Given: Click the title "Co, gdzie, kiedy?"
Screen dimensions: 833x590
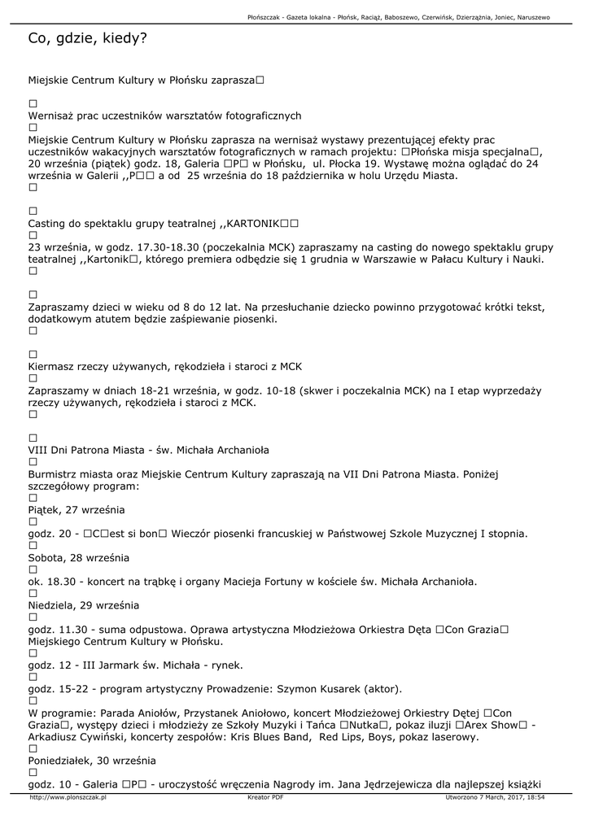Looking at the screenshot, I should click(x=87, y=38).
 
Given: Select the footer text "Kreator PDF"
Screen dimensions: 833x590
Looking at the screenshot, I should click(x=265, y=798).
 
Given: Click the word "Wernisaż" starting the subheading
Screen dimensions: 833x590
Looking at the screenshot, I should click(x=52, y=116).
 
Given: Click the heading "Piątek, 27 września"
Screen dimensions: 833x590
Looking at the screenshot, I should click(x=76, y=509).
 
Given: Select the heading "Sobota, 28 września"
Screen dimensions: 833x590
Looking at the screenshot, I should click(x=78, y=558).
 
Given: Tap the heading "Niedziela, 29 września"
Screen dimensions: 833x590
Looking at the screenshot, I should click(x=84, y=605).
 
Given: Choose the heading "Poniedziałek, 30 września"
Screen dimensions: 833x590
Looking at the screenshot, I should click(x=91, y=761).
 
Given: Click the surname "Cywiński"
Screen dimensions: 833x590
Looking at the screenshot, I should click(x=109, y=737).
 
